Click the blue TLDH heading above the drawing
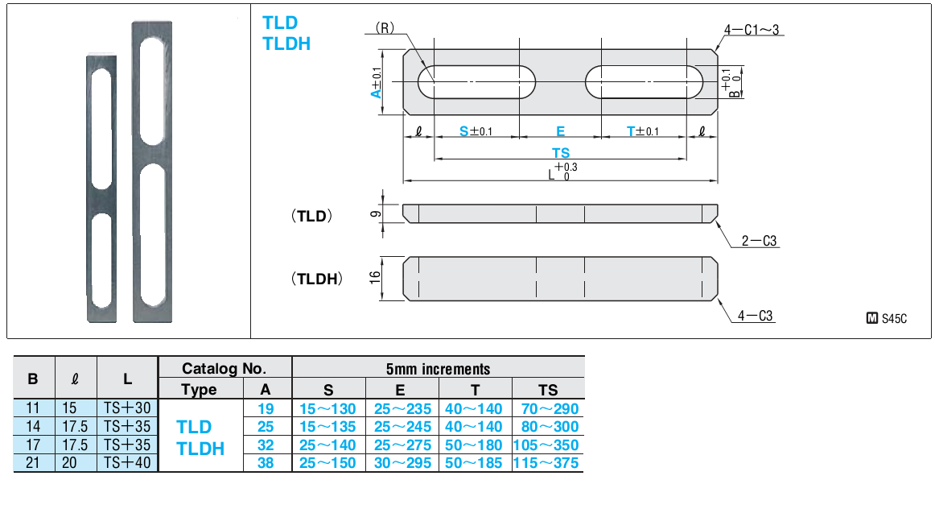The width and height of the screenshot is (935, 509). tap(286, 43)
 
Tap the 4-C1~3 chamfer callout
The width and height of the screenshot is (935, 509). tap(752, 30)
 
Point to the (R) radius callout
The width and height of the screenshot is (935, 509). tap(385, 27)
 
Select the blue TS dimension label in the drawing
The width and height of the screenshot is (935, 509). tap(561, 152)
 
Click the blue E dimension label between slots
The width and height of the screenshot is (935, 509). tap(561, 131)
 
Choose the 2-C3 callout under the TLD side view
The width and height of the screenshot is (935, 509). tap(760, 241)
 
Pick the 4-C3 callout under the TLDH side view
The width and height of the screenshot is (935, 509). tap(755, 317)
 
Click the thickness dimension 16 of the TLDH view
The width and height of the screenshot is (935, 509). tap(375, 277)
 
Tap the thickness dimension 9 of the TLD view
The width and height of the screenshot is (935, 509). tap(375, 213)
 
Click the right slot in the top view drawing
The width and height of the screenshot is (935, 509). tap(645, 81)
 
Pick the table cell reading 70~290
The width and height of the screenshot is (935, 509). tap(547, 408)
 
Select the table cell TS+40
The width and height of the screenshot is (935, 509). tap(128, 462)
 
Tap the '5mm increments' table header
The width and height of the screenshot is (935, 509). tap(438, 369)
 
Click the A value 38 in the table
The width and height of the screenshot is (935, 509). tap(266, 462)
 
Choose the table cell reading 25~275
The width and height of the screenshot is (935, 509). tap(402, 445)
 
